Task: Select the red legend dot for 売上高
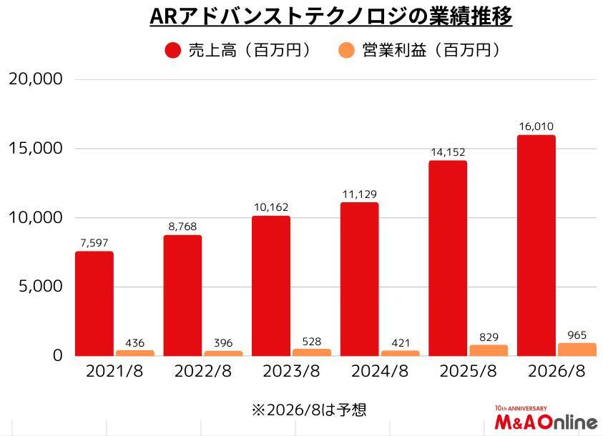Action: [x=172, y=50]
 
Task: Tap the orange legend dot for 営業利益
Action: [x=346, y=50]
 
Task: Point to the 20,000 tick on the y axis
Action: [x=36, y=79]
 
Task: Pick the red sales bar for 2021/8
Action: [x=94, y=304]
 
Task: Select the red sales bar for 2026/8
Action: [x=536, y=245]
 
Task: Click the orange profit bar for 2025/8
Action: [x=489, y=350]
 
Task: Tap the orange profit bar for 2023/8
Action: [x=312, y=352]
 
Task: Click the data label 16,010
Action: [x=536, y=127]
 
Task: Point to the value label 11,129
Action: [x=359, y=194]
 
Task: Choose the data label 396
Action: [x=223, y=343]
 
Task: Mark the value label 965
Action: [x=577, y=334]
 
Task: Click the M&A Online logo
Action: [x=546, y=422]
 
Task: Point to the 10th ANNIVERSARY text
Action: [x=521, y=409]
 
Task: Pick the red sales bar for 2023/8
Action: [x=271, y=286]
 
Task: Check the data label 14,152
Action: [x=448, y=152]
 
